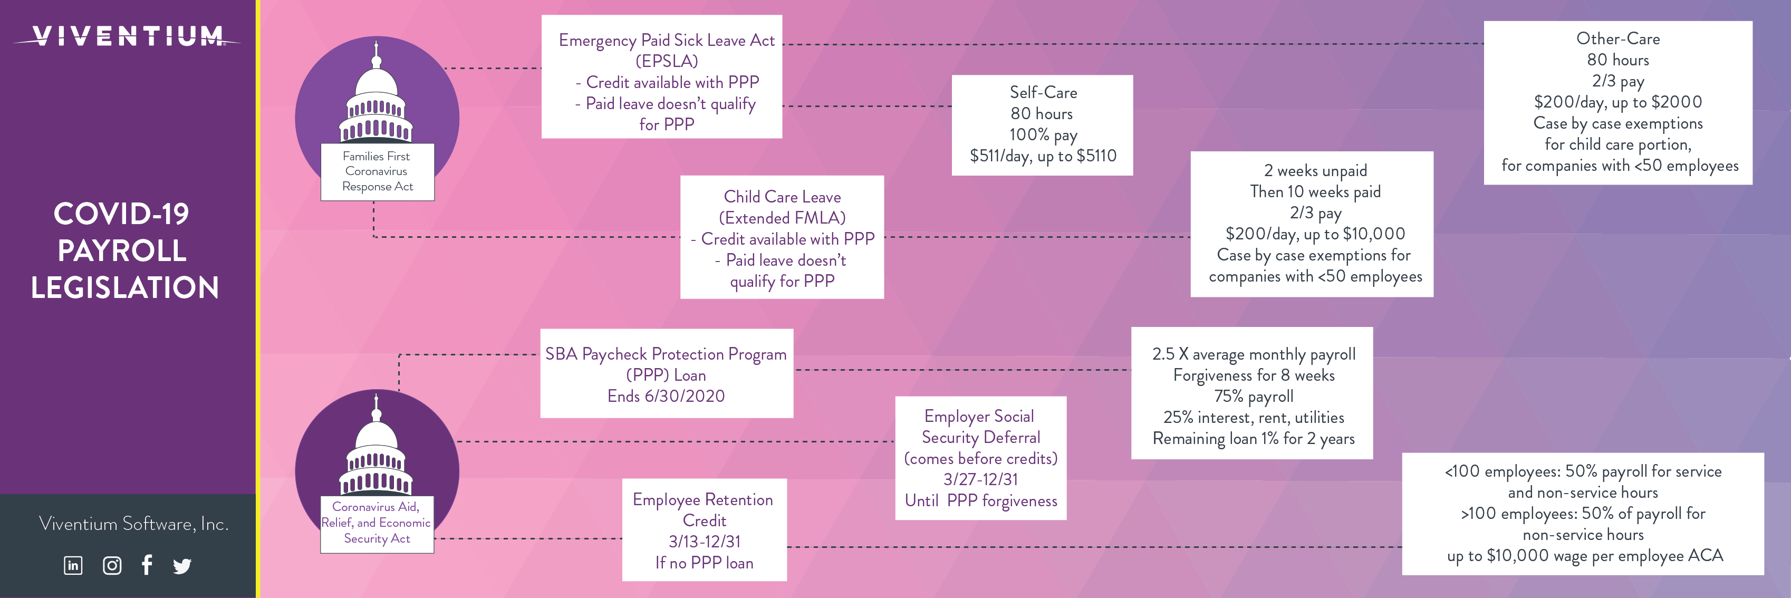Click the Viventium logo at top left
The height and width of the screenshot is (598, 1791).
coord(127,36)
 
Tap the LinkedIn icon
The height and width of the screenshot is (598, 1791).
coord(73,565)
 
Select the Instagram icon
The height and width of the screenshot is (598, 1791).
coord(112,565)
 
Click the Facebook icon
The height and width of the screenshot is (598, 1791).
coord(147,565)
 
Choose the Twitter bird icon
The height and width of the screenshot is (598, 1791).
coord(182,566)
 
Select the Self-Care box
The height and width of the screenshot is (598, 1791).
coord(1042,125)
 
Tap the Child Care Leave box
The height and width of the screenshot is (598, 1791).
coord(782,237)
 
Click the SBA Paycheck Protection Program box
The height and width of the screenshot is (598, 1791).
coord(666,373)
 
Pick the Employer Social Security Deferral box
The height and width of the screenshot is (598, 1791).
coord(980,458)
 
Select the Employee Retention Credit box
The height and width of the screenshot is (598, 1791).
coord(704,530)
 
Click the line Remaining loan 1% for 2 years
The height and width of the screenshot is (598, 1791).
coord(1253,439)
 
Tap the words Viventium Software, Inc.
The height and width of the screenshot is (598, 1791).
coord(133,524)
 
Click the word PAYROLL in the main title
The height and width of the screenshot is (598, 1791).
coord(122,251)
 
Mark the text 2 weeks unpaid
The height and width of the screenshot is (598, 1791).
coord(1315,171)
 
